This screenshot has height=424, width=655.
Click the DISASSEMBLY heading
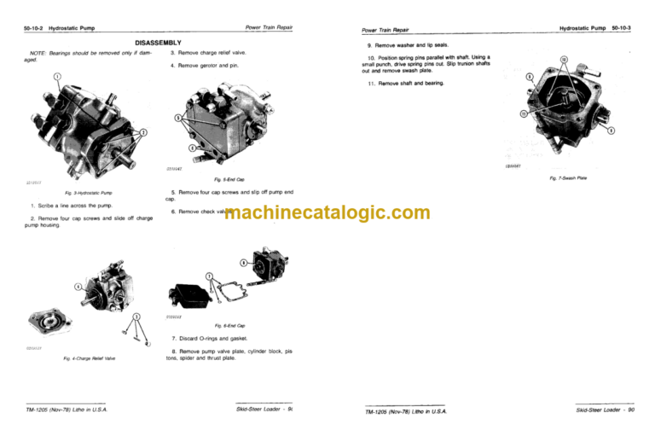[158, 43]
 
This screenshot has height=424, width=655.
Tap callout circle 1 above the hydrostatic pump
[57, 78]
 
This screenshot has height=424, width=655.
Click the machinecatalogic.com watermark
[327, 212]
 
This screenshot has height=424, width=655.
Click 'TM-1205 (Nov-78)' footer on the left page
[52, 410]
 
